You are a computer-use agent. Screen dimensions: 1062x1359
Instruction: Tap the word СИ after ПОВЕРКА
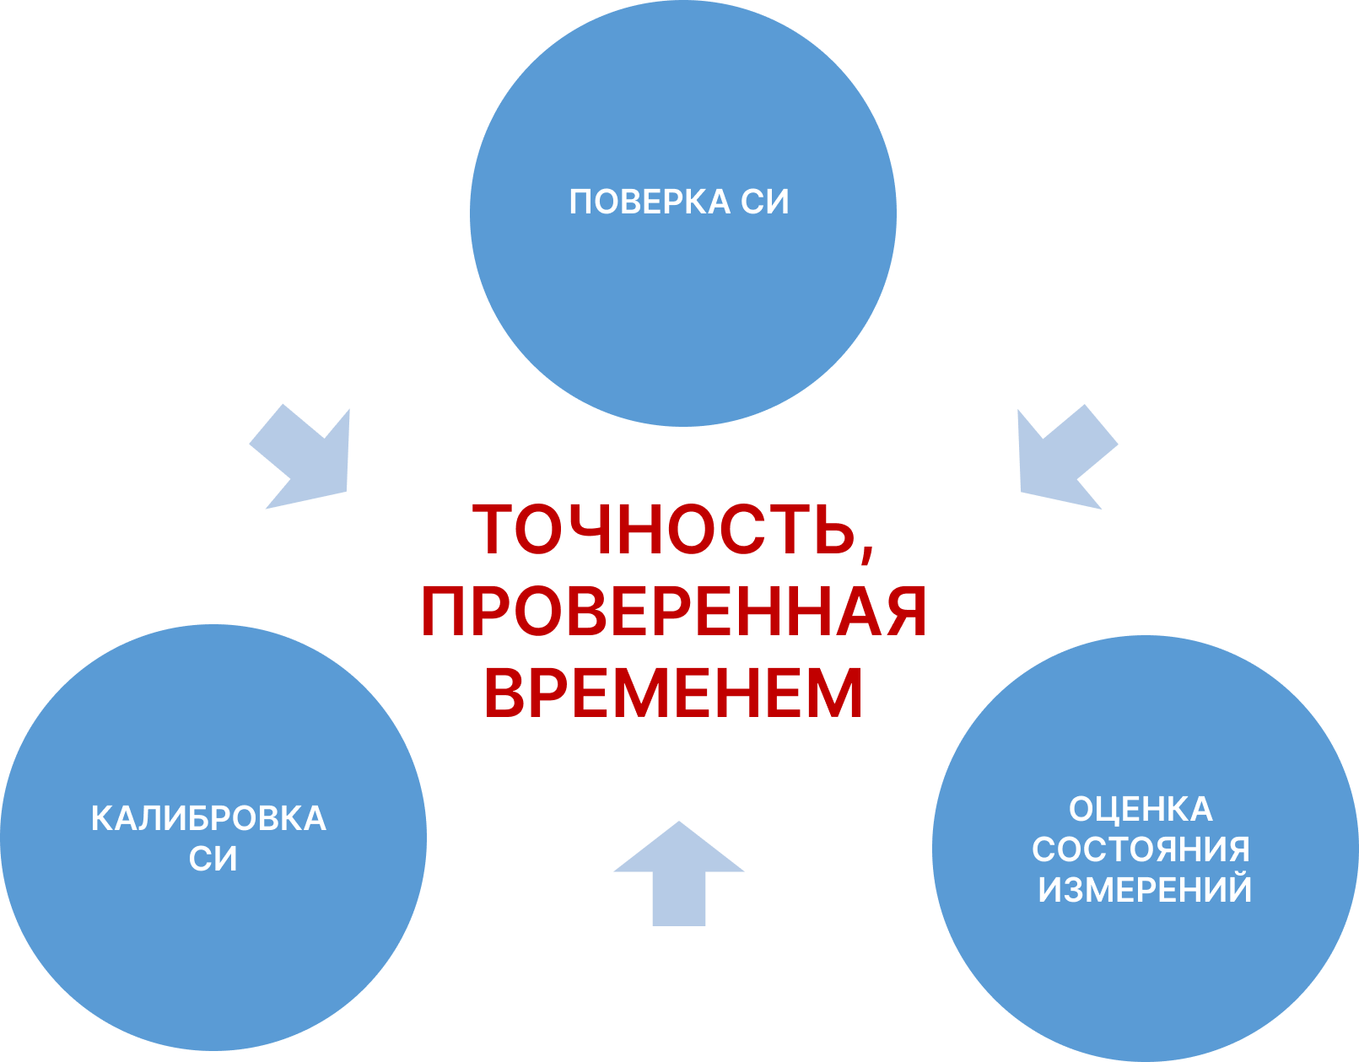tap(765, 202)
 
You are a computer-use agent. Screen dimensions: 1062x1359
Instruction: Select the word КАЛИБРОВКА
tap(208, 819)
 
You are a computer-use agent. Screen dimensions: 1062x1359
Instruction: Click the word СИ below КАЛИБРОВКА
tap(213, 860)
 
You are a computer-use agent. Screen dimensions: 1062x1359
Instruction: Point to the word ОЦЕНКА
tap(1141, 810)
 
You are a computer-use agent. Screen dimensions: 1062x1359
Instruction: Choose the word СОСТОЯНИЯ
tap(1141, 849)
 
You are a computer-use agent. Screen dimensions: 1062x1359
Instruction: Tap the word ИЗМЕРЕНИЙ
tap(1145, 890)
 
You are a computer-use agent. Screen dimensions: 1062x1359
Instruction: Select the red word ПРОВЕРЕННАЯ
tap(674, 612)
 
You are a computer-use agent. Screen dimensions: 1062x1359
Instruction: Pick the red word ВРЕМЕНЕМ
tap(674, 693)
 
